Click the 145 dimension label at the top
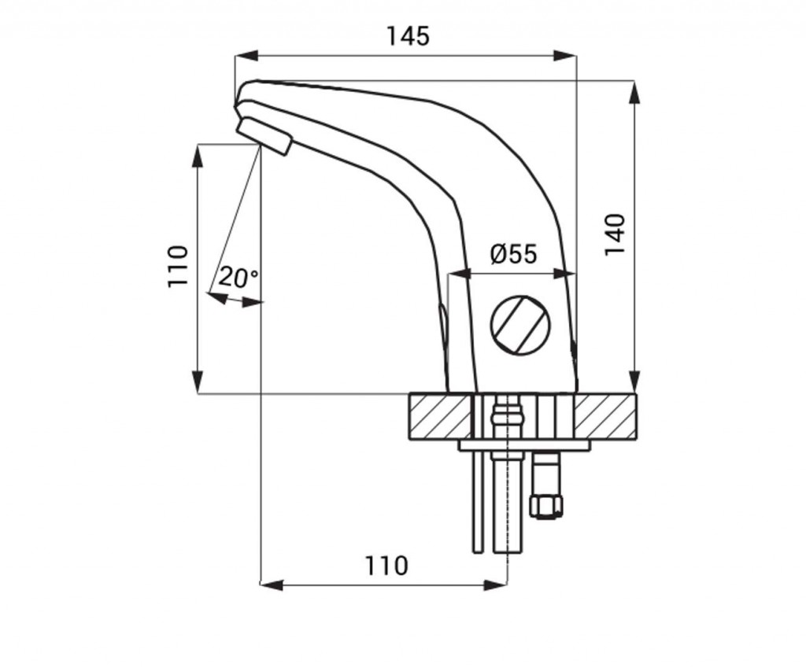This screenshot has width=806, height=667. (x=408, y=36)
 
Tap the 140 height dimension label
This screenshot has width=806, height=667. (x=614, y=234)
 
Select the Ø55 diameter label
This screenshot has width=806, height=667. (x=513, y=254)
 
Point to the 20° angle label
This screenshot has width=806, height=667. (x=238, y=278)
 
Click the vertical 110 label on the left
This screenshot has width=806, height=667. (x=179, y=266)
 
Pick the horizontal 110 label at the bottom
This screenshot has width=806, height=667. (x=386, y=566)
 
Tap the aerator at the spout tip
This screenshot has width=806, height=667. (x=264, y=135)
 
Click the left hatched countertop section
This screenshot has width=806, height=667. (x=441, y=417)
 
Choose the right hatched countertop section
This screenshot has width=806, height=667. (x=604, y=417)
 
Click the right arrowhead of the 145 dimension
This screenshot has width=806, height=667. (x=565, y=56)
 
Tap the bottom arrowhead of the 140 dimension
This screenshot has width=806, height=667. (x=636, y=381)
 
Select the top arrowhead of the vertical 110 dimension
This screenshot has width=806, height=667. (x=198, y=156)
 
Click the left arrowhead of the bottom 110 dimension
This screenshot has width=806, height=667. (x=272, y=584)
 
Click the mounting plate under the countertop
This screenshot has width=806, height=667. (x=524, y=445)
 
